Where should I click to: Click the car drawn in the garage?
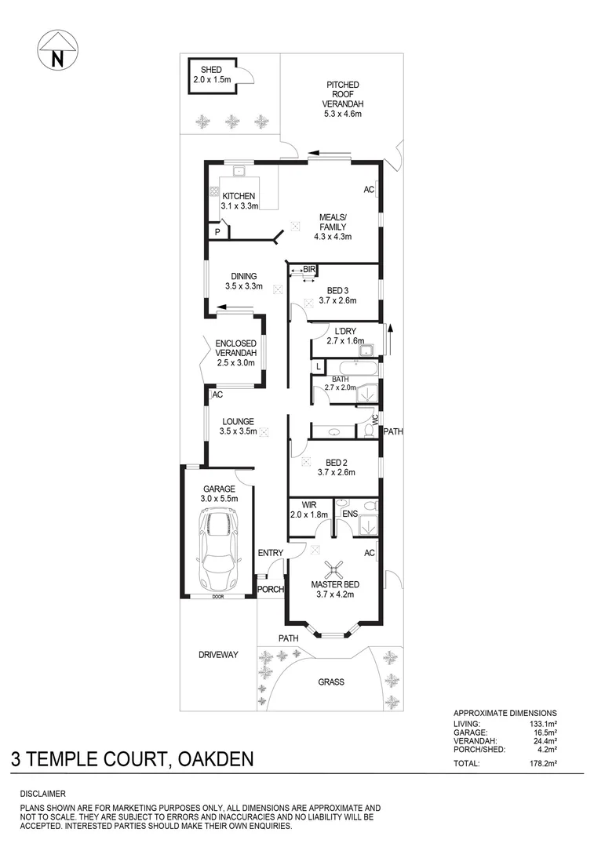click(220, 550)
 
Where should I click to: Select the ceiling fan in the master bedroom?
click(333, 570)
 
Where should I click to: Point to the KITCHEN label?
click(239, 196)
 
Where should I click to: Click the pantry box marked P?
click(217, 232)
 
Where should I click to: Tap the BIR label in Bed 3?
click(308, 270)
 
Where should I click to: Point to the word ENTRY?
click(271, 553)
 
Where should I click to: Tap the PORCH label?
click(271, 590)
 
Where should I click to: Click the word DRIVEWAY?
click(217, 654)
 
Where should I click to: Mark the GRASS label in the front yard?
click(330, 682)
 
